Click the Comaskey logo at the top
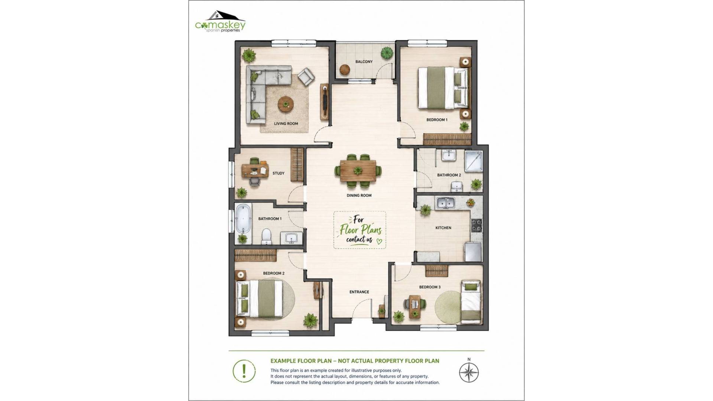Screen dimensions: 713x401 [220, 22]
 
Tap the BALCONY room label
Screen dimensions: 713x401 [364, 62]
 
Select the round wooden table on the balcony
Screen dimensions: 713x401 [345, 70]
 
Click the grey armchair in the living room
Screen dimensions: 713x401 [306, 76]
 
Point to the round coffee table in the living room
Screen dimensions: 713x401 [286, 104]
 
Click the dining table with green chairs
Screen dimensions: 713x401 [358, 171]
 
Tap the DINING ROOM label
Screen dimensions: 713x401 [359, 195]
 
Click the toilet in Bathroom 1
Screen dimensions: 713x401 [266, 236]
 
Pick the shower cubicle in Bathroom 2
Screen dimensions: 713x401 [473, 161]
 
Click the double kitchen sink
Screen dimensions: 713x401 [446, 203]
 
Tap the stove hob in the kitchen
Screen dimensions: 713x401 [477, 225]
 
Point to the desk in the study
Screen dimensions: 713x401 [255, 170]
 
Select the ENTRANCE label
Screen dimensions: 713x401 [359, 292]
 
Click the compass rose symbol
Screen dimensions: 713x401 [469, 372]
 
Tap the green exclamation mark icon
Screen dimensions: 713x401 [244, 371]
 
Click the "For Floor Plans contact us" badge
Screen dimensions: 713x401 [359, 230]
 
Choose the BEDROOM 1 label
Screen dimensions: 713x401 [437, 120]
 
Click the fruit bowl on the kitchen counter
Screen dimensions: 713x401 [471, 202]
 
